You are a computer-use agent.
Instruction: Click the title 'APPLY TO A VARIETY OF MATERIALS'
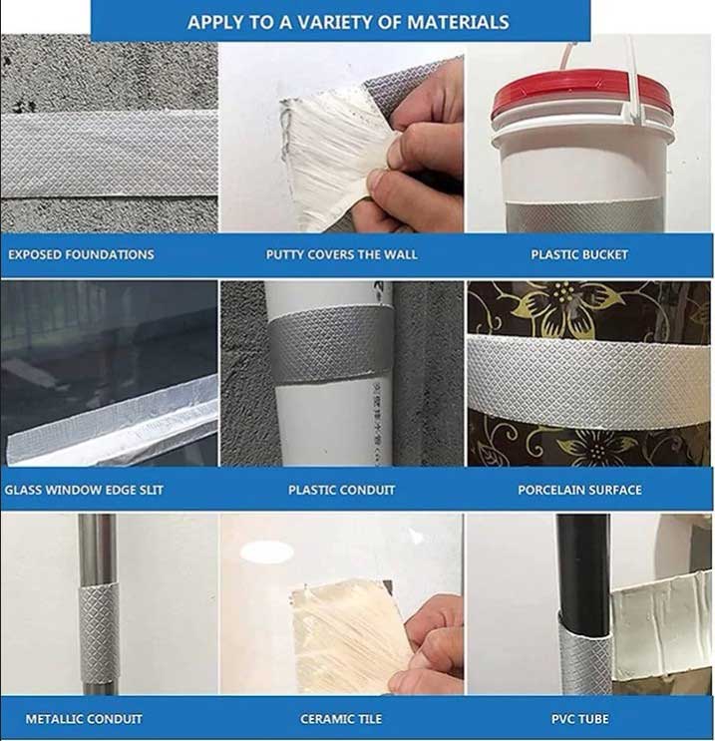348,22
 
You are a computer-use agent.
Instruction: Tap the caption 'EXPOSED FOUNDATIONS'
82,254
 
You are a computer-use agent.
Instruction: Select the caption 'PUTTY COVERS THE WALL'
341,254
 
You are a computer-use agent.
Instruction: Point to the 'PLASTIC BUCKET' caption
579,254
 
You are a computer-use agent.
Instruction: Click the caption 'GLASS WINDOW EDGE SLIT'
84,490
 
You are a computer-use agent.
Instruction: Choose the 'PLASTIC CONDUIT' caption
341,490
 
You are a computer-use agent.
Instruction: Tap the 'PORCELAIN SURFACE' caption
579,490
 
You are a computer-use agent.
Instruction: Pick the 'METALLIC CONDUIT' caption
84,719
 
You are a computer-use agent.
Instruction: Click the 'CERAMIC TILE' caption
341,719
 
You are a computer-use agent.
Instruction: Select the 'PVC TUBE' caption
579,719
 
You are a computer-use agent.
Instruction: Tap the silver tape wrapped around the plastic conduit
331,343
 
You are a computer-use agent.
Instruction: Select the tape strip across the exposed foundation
109,154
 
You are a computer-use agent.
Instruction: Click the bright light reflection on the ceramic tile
267,552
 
